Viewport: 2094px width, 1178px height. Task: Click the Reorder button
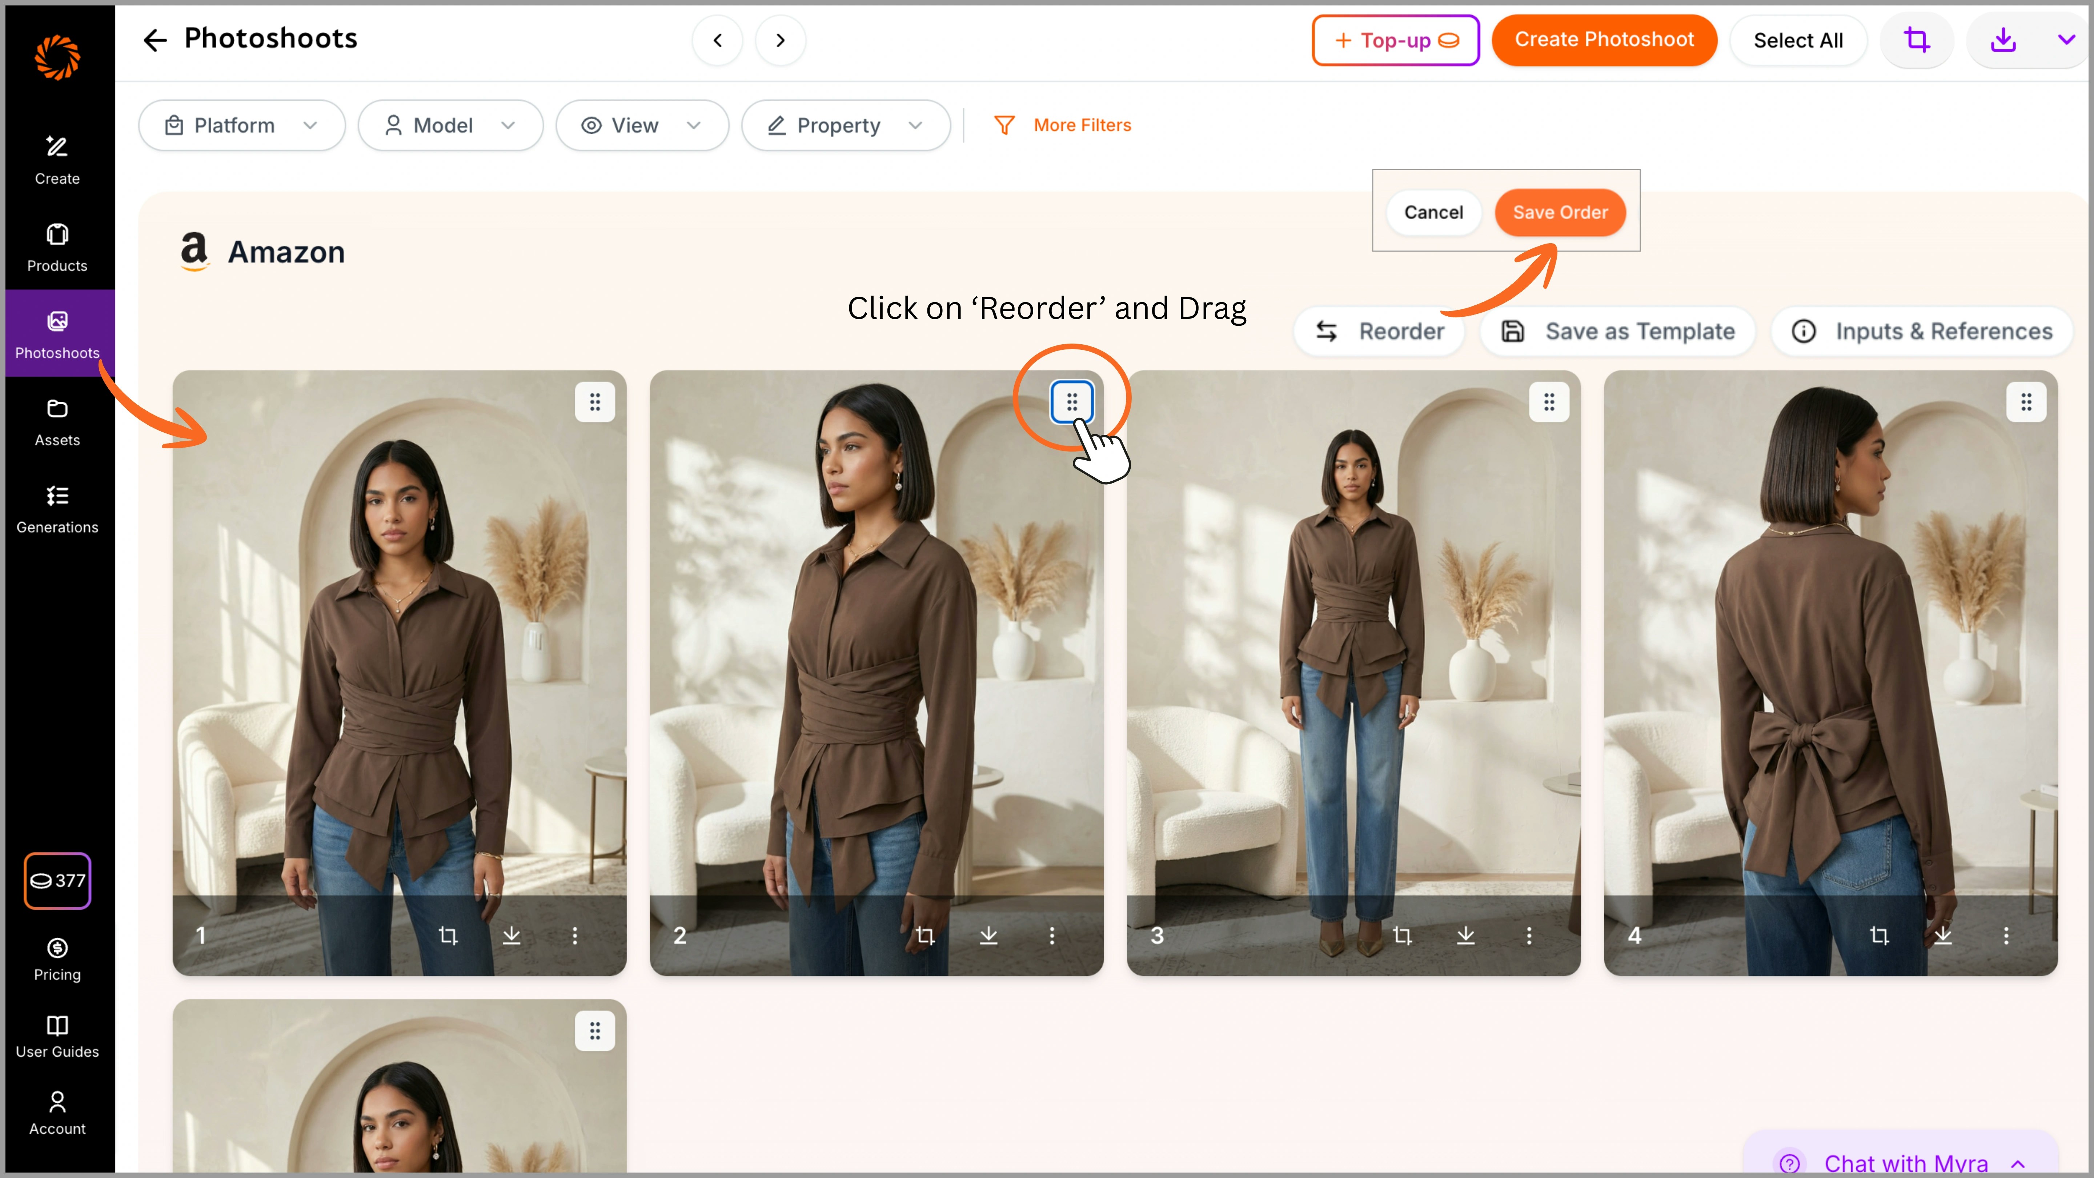pyautogui.click(x=1380, y=332)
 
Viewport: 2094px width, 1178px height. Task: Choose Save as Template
pyautogui.click(x=1618, y=332)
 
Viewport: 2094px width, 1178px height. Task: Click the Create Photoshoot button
pyautogui.click(x=1604, y=40)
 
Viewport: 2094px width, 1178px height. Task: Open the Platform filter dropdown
pyautogui.click(x=241, y=125)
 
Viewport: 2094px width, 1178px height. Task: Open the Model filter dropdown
pyautogui.click(x=450, y=125)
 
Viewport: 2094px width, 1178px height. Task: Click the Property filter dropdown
pyautogui.click(x=845, y=125)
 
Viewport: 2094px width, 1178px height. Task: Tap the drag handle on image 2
pyautogui.click(x=1071, y=402)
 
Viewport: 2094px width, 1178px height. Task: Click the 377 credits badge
pyautogui.click(x=57, y=881)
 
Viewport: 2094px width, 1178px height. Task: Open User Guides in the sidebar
pyautogui.click(x=57, y=1037)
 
